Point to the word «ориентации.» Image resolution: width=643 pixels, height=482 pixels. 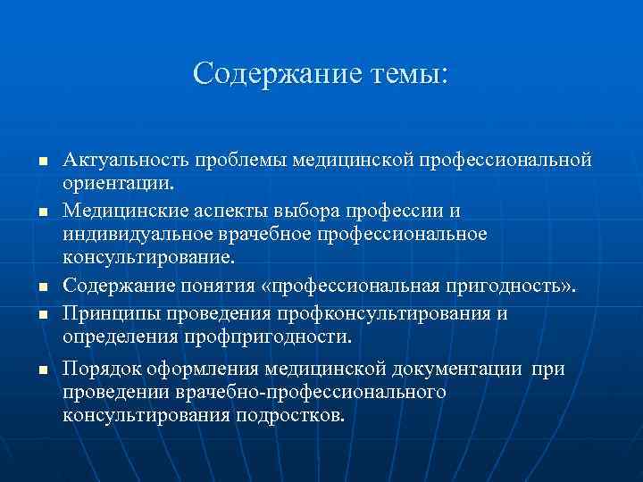(119, 184)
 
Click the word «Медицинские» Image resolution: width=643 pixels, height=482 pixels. (120, 210)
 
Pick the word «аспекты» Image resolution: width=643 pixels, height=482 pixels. (224, 210)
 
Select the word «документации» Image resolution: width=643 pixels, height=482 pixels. (467, 370)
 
